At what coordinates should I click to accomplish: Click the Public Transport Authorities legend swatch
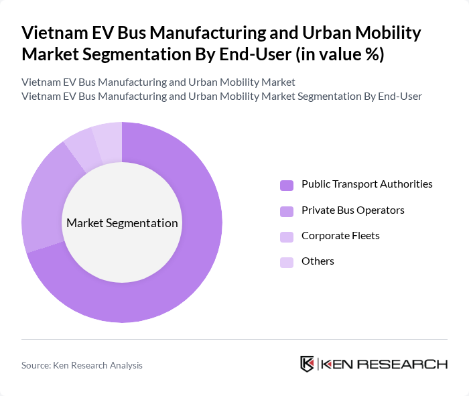pyautogui.click(x=287, y=185)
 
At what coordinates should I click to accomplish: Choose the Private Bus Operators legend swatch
pyautogui.click(x=287, y=211)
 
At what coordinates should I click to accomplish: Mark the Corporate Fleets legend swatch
pyautogui.click(x=287, y=237)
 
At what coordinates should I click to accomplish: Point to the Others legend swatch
pyautogui.click(x=287, y=262)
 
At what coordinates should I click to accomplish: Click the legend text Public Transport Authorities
pyautogui.click(x=366, y=184)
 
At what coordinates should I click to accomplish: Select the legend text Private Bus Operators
pyautogui.click(x=352, y=210)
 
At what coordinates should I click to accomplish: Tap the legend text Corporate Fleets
pyautogui.click(x=341, y=236)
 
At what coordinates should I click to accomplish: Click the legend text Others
pyautogui.click(x=318, y=261)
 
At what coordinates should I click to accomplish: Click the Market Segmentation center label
pyautogui.click(x=122, y=223)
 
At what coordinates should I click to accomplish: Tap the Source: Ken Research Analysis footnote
pyautogui.click(x=82, y=365)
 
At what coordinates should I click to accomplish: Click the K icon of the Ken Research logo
pyautogui.click(x=308, y=364)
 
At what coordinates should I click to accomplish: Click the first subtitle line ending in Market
pyautogui.click(x=158, y=82)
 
